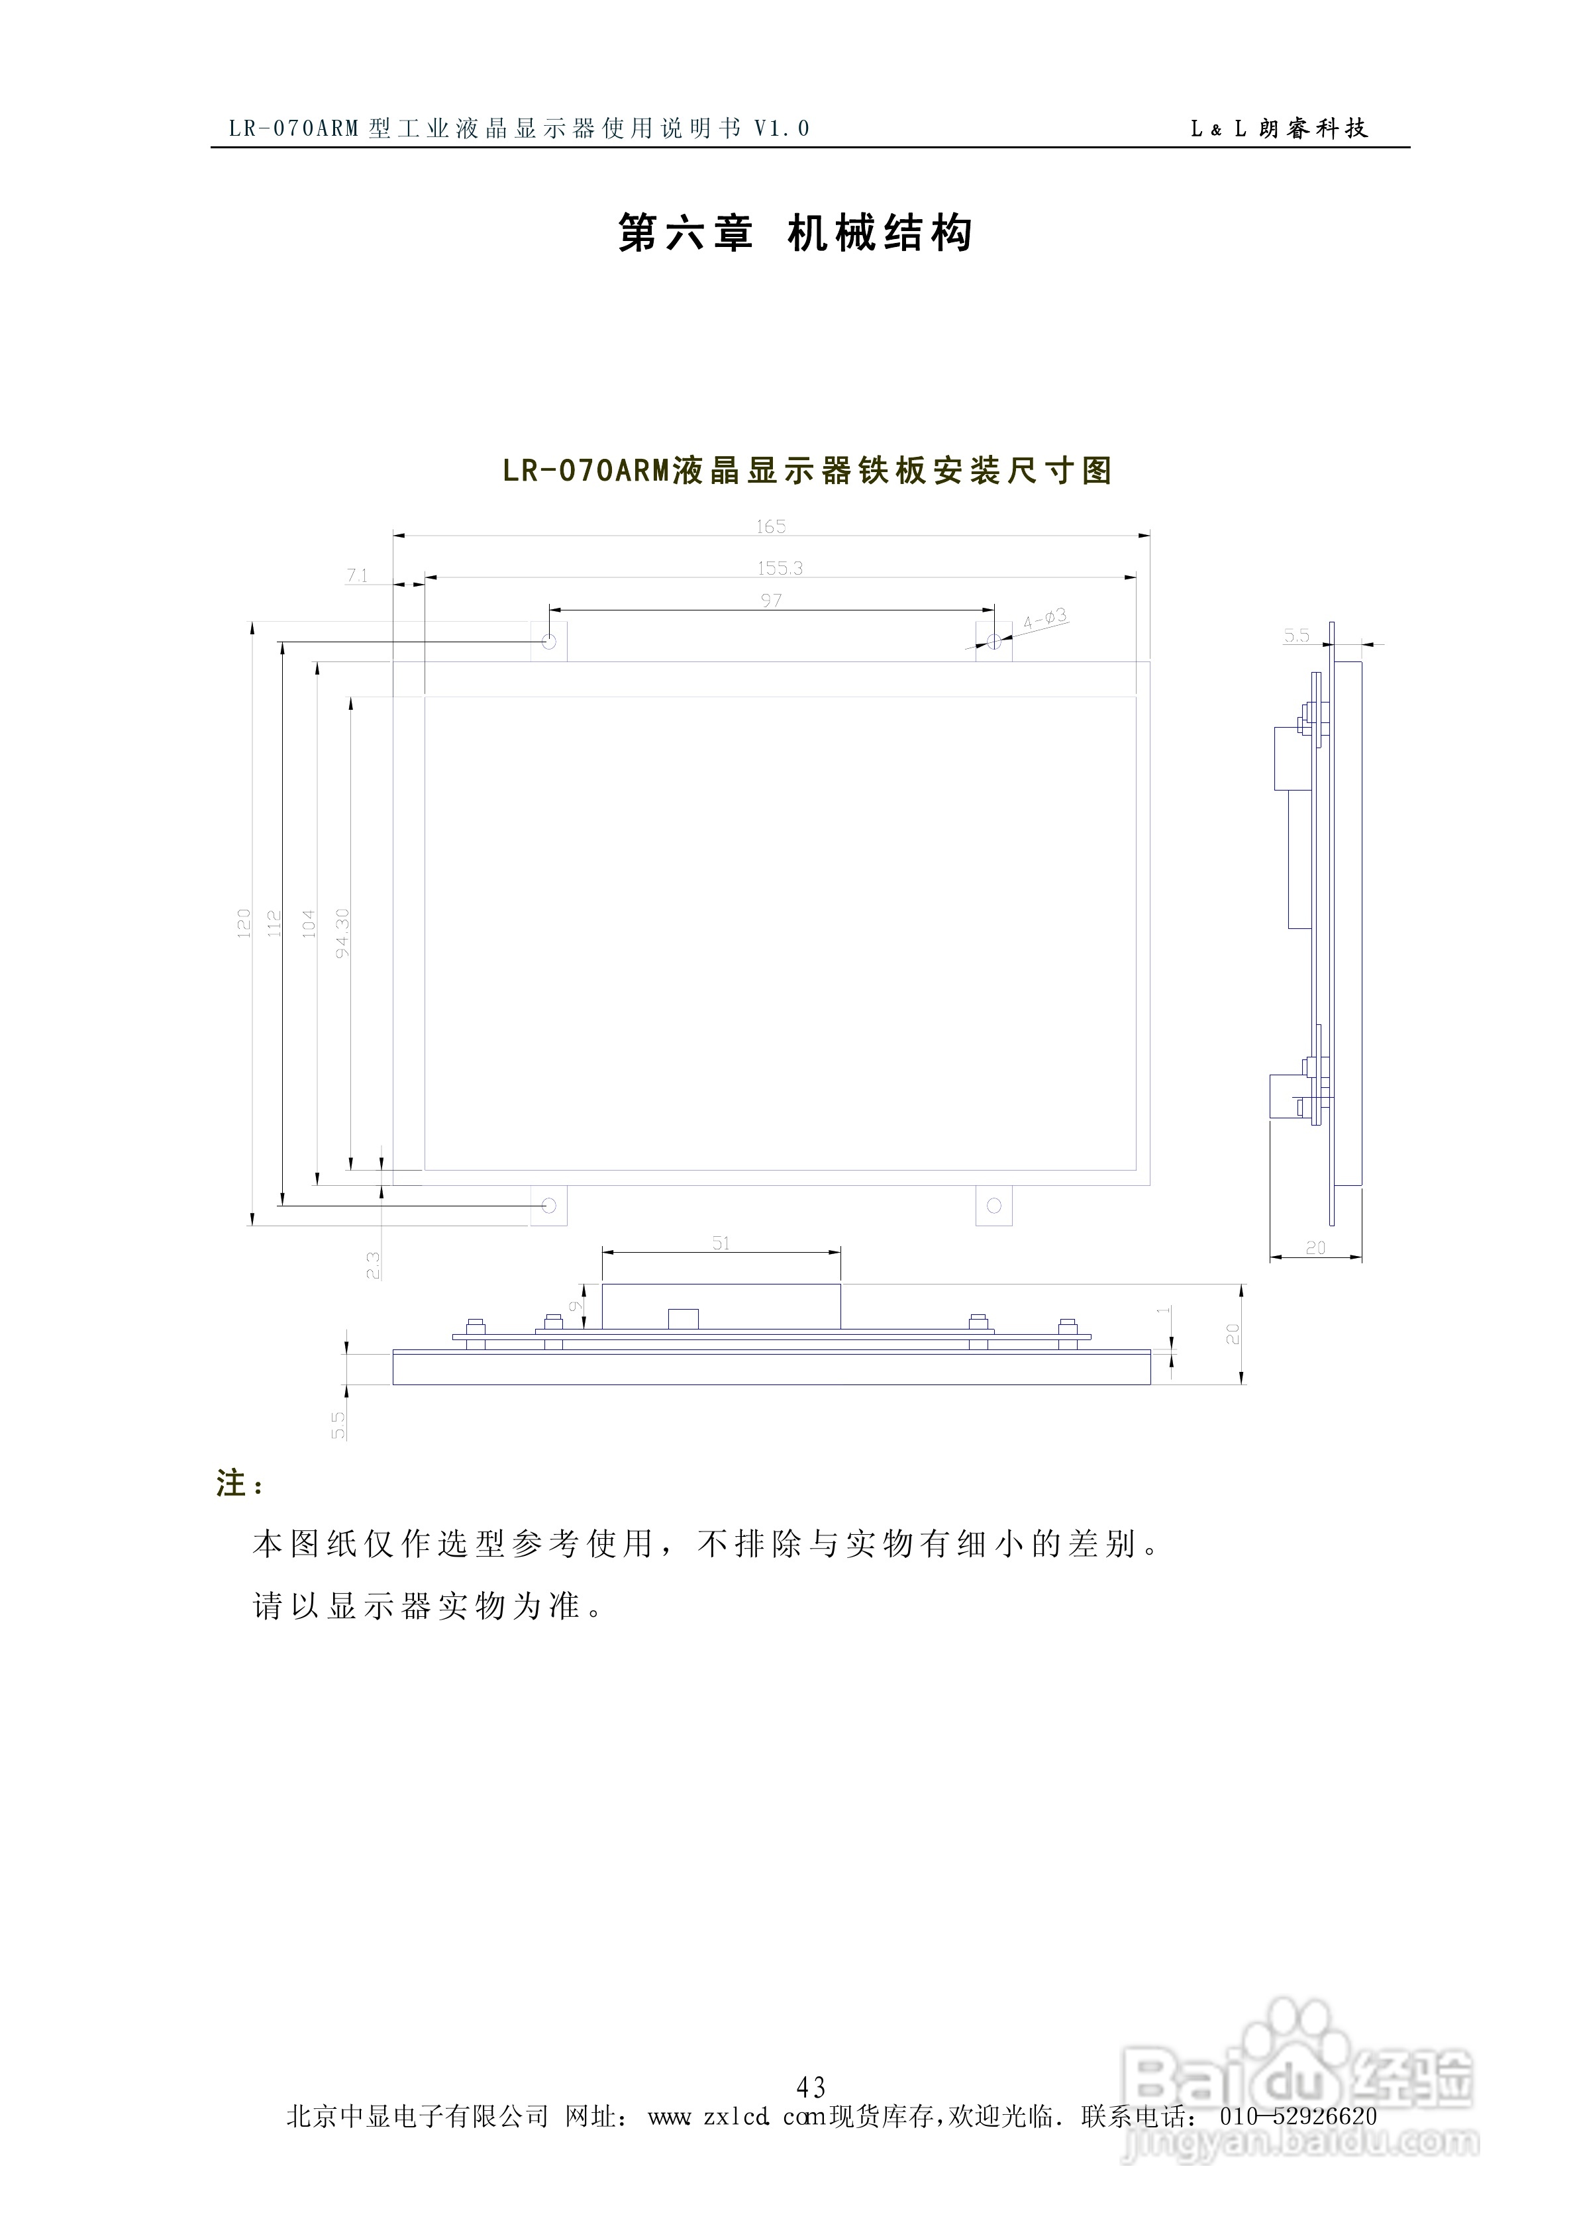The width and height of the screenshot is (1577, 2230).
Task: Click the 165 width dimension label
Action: click(770, 526)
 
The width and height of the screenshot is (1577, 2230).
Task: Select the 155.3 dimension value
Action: click(780, 568)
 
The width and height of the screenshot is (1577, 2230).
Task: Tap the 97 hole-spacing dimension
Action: click(770, 601)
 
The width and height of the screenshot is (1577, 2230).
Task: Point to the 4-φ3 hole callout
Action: click(1044, 618)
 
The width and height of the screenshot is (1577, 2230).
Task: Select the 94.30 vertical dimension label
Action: click(342, 932)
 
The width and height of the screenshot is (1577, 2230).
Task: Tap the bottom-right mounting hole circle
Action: click(993, 1205)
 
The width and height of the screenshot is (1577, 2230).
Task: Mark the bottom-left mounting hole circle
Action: click(549, 1205)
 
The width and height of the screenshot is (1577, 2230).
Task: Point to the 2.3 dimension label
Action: click(373, 1265)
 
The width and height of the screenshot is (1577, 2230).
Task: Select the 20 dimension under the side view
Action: click(1315, 1248)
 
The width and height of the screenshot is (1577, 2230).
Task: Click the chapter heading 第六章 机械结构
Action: click(795, 234)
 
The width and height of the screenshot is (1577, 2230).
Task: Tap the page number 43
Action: click(811, 2086)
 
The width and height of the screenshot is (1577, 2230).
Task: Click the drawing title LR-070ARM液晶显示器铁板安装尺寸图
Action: click(807, 471)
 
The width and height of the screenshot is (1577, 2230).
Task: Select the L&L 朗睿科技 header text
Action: click(1279, 128)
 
